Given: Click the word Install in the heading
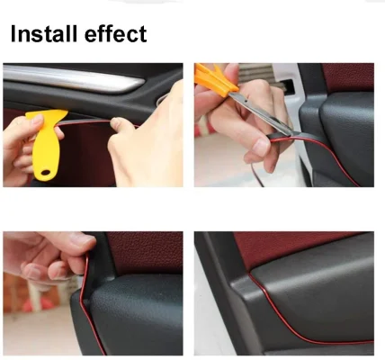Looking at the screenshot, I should coord(42,35).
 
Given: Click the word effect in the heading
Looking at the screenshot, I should coord(112,35).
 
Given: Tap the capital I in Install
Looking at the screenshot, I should coord(13,35).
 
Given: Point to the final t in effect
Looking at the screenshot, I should coord(141,35).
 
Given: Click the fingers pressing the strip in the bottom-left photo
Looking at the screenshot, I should coord(45,256).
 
